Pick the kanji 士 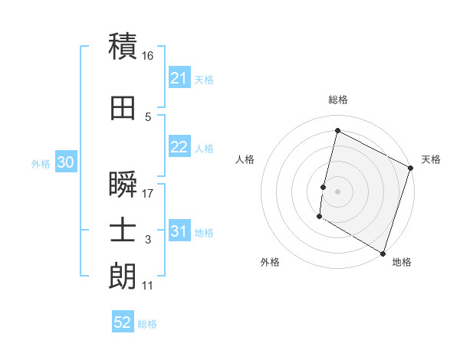(123, 229)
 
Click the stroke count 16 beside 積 (148, 56)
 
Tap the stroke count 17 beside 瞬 (148, 194)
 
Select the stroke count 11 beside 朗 (147, 286)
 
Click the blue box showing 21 (179, 78)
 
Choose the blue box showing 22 (179, 148)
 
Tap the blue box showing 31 (179, 232)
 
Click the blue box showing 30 (65, 163)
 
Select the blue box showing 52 (123, 322)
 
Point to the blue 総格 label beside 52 (147, 324)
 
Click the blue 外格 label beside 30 (41, 164)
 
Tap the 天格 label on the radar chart (431, 159)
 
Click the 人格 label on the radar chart (245, 159)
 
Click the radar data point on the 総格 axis (337, 130)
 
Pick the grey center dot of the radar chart (337, 191)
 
